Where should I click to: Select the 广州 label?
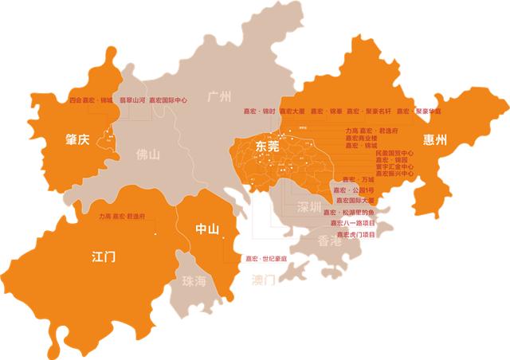[x=218, y=97]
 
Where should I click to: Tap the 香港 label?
[x=330, y=241]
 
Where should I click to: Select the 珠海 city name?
[x=194, y=280]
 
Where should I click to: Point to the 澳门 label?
[x=263, y=280]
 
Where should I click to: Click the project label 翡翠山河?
[x=132, y=101]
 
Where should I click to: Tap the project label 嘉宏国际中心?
[x=168, y=101]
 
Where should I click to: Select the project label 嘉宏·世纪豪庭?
[x=266, y=259]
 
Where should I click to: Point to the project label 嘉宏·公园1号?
[x=353, y=190]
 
